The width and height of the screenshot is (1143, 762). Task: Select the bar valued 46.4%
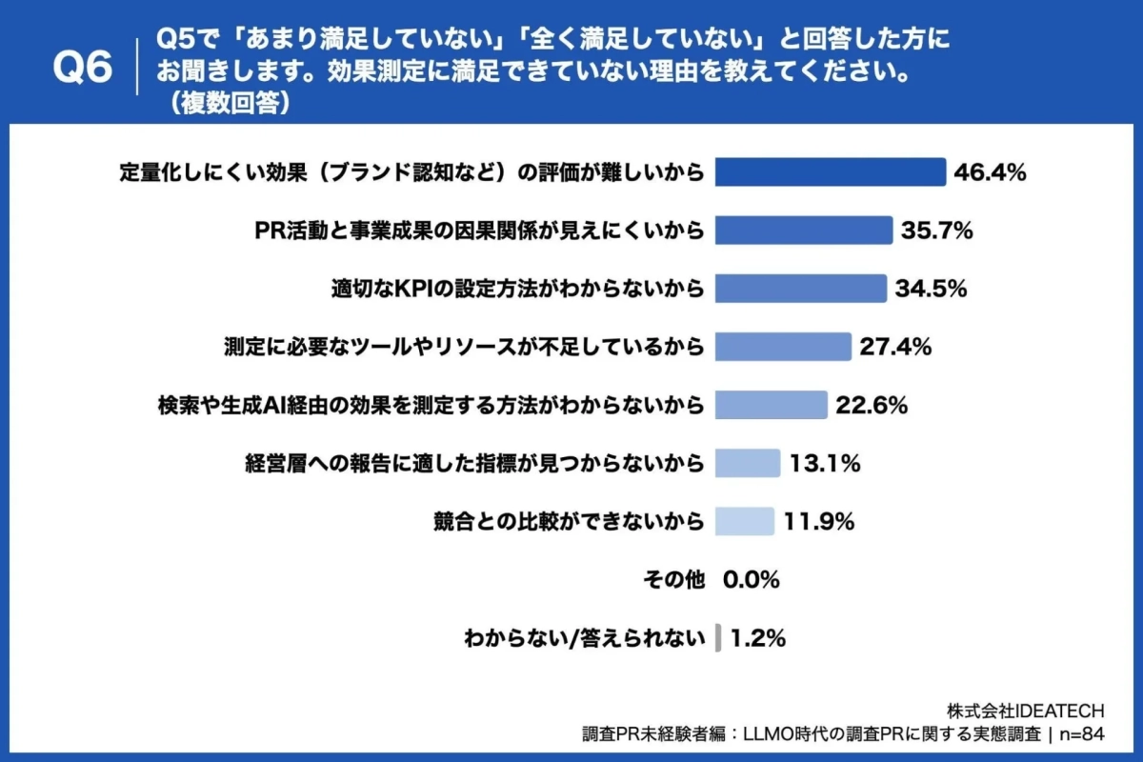[x=829, y=172]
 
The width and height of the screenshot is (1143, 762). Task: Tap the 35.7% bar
[x=803, y=231]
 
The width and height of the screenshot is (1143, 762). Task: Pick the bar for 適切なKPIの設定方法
[x=799, y=289]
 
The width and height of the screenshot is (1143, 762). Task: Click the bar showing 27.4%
[x=782, y=347]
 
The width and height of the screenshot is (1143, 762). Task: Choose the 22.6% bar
[x=771, y=405]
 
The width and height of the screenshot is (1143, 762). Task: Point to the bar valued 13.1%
[x=747, y=463]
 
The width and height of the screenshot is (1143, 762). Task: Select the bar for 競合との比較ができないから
[x=744, y=521]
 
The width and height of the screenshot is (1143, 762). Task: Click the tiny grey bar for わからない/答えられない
[x=717, y=637]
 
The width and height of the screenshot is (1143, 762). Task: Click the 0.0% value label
[x=752, y=579]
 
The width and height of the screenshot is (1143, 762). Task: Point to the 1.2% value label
[x=758, y=637]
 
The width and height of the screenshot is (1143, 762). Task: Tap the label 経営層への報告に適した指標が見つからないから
[x=474, y=463]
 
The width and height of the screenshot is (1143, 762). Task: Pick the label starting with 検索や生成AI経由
[x=431, y=405]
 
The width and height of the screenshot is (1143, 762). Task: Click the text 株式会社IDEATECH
[x=1025, y=711]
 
